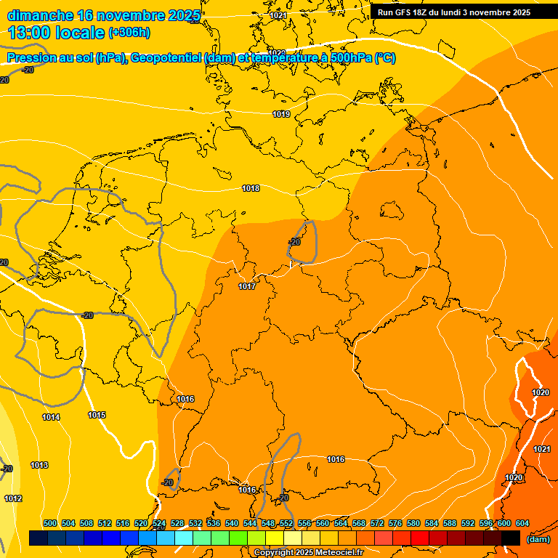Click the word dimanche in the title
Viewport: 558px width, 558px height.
tap(40, 15)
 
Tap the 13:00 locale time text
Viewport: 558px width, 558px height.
tap(57, 33)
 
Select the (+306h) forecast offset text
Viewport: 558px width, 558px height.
tap(129, 33)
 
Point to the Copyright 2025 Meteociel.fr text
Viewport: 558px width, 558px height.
tap(308, 553)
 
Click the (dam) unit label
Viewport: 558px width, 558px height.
tap(538, 539)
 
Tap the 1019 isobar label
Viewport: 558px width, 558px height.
tap(281, 115)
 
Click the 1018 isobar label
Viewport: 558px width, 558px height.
tap(251, 189)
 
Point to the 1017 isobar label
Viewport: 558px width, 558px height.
tap(247, 287)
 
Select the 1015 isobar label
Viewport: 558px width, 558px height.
tap(97, 416)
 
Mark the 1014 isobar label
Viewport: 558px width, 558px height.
tap(51, 418)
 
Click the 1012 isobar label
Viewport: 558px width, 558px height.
tap(13, 499)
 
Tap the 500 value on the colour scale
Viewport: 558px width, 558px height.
tap(50, 524)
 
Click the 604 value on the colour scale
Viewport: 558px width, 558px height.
tap(522, 524)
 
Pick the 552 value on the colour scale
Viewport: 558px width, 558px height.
tap(286, 524)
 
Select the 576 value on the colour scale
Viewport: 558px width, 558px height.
tap(395, 524)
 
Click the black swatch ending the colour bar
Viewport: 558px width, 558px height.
tap(511, 538)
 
